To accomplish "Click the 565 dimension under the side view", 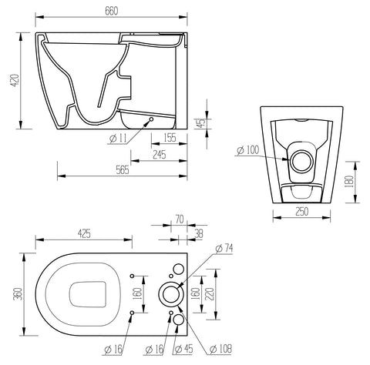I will (123, 172).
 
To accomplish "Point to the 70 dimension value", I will (179, 219).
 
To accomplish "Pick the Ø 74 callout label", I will (224, 247).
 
